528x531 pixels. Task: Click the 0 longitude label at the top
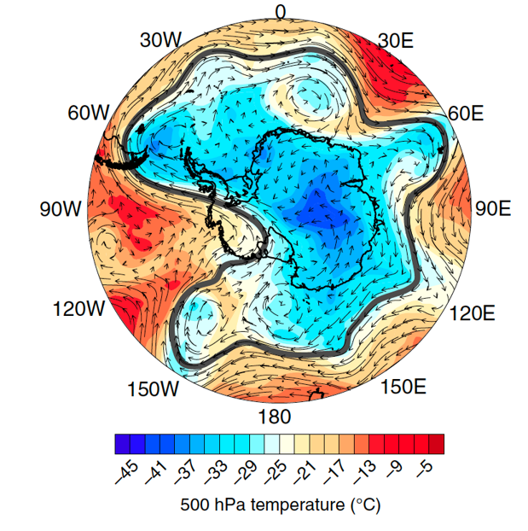pyautogui.click(x=281, y=11)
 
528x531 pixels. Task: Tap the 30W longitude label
pyautogui.click(x=161, y=39)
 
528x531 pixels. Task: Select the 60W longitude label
pyautogui.click(x=88, y=114)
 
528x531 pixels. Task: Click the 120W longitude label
pyautogui.click(x=78, y=309)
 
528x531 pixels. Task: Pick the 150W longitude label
pyautogui.click(x=154, y=389)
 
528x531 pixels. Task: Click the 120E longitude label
pyautogui.click(x=471, y=313)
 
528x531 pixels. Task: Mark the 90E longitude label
pyautogui.click(x=492, y=209)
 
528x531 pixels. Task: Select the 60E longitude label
pyautogui.click(x=466, y=114)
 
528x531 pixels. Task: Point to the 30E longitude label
pyautogui.click(x=395, y=40)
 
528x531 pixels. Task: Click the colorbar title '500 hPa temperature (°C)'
pyautogui.click(x=279, y=505)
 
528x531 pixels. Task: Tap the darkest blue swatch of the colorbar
pyautogui.click(x=122, y=444)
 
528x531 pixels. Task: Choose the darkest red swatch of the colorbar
pyautogui.click(x=436, y=444)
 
